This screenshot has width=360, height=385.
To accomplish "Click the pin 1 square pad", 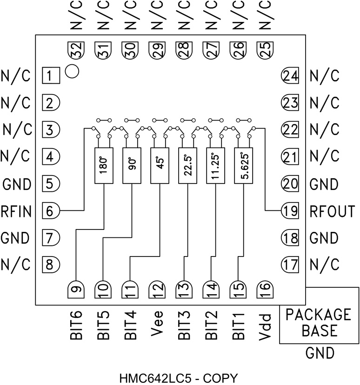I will pos(51,75).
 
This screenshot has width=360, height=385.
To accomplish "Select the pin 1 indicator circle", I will pos(72,71).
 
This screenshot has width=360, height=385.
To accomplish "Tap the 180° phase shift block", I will pos(103,165).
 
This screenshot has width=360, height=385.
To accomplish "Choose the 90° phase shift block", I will pos(131,165).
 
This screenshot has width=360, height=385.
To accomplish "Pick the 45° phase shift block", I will pos(159,165).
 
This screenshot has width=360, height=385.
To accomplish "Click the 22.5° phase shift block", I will pos(187,165).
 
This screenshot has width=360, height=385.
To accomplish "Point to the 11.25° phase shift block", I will pos(215,165).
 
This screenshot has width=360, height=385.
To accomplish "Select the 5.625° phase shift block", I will pos(243,165).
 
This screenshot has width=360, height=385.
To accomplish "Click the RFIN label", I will pos(16,212).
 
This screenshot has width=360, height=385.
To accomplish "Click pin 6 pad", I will pos(51,210).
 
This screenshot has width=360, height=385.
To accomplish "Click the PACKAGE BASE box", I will pos(319,323).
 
